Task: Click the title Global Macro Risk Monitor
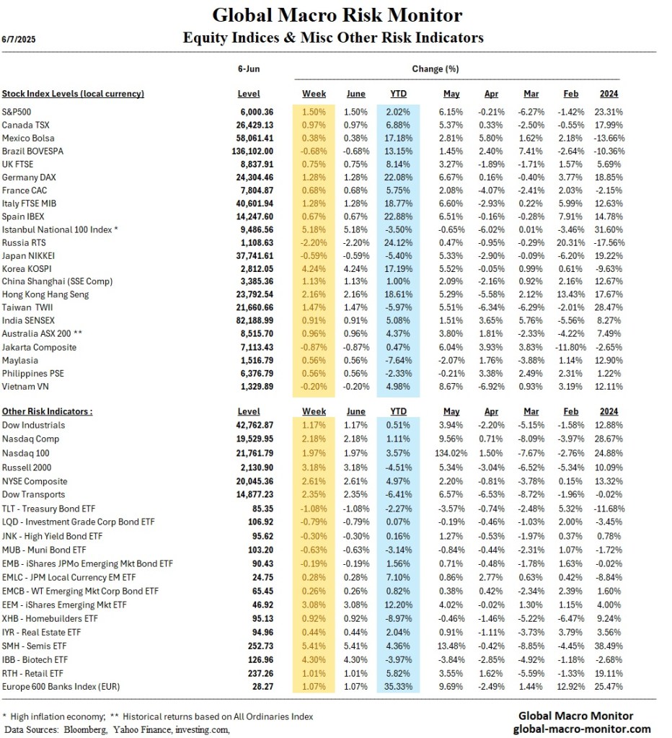tap(337, 15)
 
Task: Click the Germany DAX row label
tap(29, 177)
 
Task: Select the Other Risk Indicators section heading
tap(47, 411)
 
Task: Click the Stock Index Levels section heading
tap(73, 94)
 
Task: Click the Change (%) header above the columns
tap(435, 69)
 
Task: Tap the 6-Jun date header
tap(249, 69)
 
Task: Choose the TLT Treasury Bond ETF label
tap(53, 508)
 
